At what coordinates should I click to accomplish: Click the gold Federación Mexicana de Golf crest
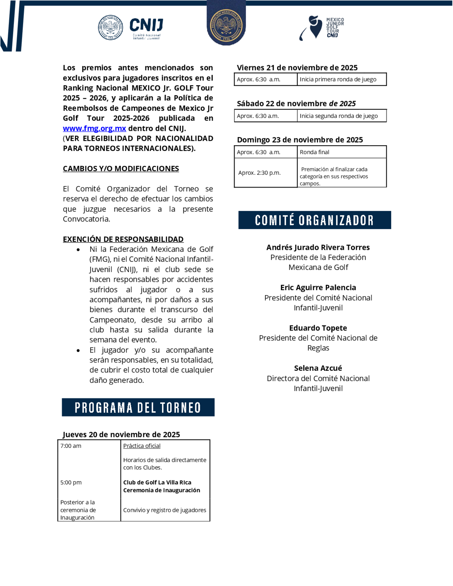click(x=226, y=26)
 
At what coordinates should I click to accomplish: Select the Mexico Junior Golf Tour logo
click(x=321, y=27)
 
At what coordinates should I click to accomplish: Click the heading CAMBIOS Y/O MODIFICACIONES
click(x=121, y=168)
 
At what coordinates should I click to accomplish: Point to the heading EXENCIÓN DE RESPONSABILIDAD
click(x=123, y=239)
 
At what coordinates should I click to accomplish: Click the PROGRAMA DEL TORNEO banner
click(x=138, y=407)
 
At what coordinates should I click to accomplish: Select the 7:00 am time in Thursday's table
click(x=71, y=446)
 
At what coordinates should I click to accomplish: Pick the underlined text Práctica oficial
click(x=142, y=446)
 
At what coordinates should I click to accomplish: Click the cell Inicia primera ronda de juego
click(x=338, y=79)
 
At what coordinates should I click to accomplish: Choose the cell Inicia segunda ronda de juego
click(x=338, y=116)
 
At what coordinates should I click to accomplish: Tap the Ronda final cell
click(x=314, y=152)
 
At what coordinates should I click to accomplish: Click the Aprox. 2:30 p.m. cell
click(x=259, y=173)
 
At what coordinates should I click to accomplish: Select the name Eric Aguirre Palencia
click(x=318, y=287)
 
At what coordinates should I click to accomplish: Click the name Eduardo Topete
click(x=318, y=328)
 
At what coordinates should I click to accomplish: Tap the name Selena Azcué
click(x=318, y=368)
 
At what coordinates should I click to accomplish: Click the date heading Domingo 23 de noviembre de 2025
click(x=300, y=140)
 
